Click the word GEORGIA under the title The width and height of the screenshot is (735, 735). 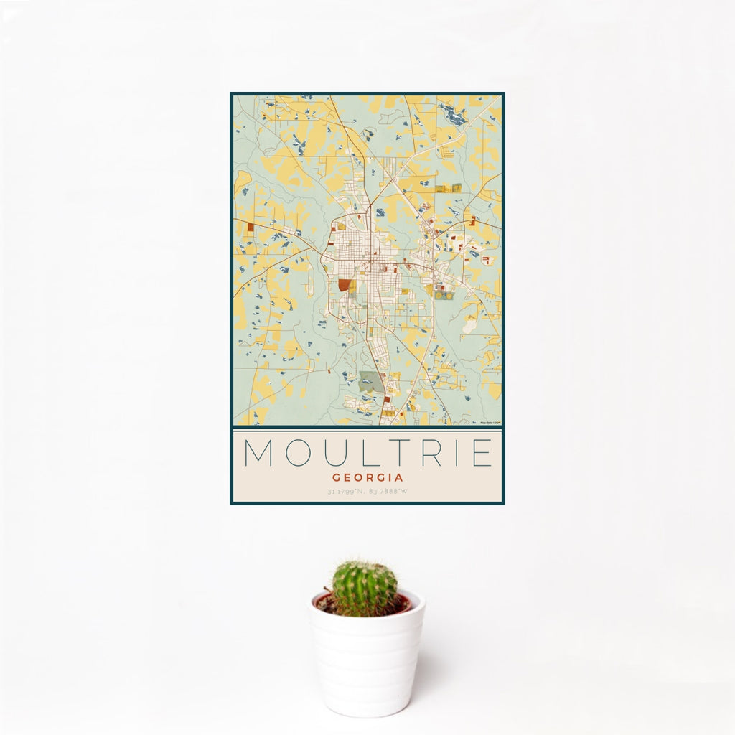point(367,477)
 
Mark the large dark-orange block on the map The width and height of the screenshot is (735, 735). point(345,285)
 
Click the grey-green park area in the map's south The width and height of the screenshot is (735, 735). point(370,380)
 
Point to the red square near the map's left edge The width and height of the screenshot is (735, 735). point(251,227)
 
